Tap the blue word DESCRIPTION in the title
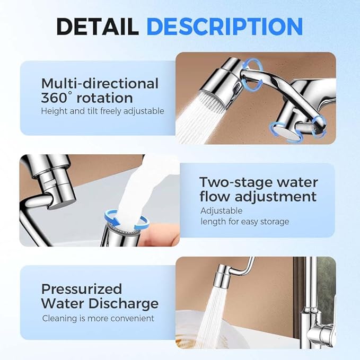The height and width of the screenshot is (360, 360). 224,26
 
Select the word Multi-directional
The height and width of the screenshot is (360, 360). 100,83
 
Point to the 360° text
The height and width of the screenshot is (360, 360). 56,98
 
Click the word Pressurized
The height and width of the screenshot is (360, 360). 81,289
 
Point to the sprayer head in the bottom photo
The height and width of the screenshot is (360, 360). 222,279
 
